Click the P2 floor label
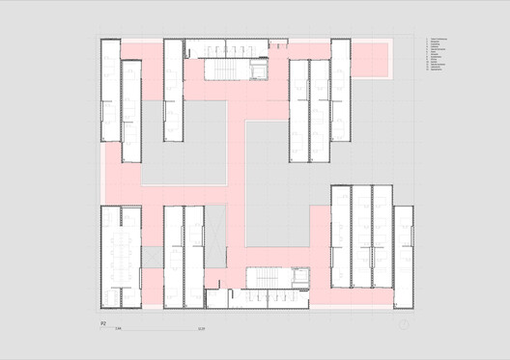[103, 326]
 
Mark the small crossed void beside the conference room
[149, 255]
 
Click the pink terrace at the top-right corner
[371, 59]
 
